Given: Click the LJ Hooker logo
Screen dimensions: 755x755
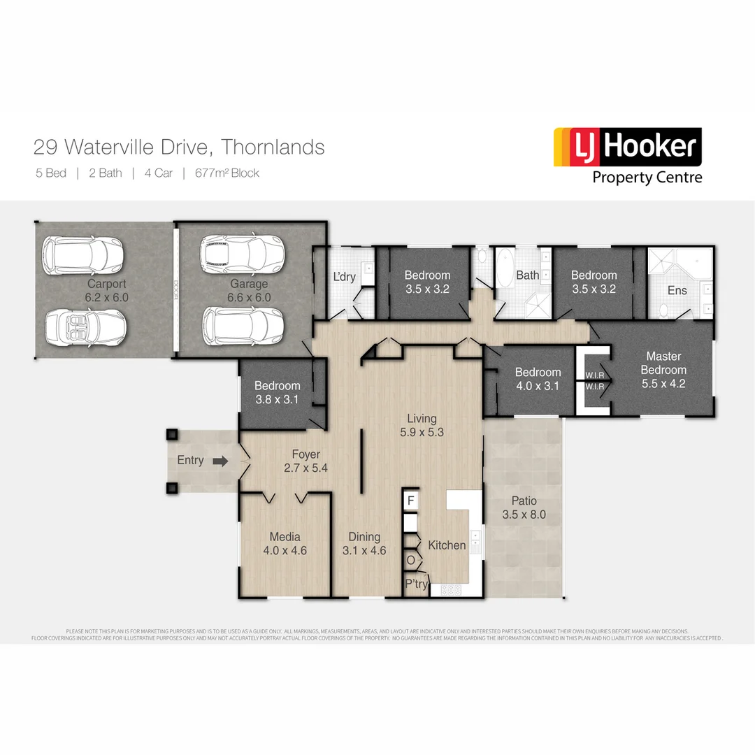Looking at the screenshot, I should (627, 148).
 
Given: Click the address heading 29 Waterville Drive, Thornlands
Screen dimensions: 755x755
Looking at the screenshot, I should (179, 148).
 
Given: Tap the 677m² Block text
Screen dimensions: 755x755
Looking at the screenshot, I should (227, 173).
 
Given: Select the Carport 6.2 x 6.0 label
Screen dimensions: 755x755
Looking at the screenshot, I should (107, 290).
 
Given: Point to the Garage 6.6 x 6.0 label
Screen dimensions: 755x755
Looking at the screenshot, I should (249, 290).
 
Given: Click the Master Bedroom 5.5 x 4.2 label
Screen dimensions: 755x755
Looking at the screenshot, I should (663, 370).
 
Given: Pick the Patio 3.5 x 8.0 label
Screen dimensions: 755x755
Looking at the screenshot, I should (524, 508).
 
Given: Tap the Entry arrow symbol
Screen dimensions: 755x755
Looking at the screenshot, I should (220, 461).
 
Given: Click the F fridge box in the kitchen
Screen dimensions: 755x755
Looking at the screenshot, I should (411, 501).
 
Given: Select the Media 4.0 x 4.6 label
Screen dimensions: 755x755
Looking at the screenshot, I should (285, 543).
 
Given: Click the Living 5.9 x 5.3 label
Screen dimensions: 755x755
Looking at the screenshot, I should (422, 425).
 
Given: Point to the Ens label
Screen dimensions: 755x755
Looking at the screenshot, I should (677, 290).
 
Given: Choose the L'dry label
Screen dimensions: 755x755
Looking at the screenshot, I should (344, 278).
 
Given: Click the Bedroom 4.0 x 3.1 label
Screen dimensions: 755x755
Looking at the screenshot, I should (538, 379).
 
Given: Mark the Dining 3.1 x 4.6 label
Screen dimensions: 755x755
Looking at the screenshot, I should (364, 543).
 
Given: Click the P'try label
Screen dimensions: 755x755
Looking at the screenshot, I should (417, 584).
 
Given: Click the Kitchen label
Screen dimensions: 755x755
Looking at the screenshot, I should (447, 545).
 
